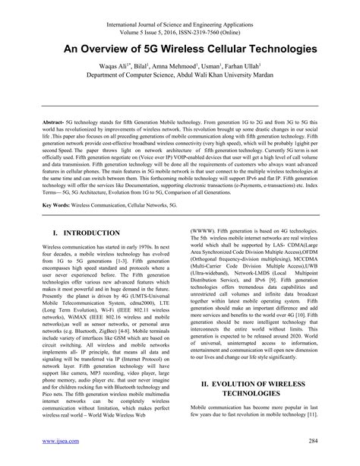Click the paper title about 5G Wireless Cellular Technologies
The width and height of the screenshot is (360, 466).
tap(180, 48)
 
